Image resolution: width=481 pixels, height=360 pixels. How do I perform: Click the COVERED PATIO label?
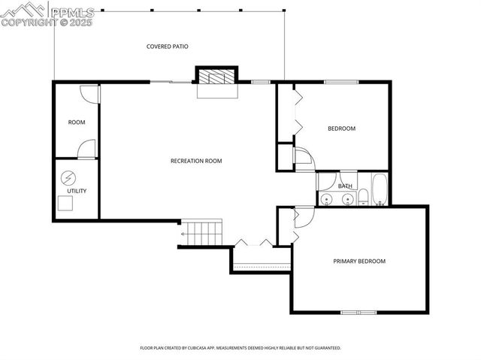click(x=167, y=47)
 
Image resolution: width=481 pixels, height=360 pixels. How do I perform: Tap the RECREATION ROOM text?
click(x=196, y=161)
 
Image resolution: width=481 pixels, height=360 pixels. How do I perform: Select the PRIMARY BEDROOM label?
click(x=359, y=262)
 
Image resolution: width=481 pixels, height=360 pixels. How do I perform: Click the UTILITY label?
click(x=77, y=191)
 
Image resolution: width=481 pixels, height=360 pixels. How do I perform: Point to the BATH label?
click(x=345, y=186)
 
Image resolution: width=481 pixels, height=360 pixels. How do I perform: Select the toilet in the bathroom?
click(x=363, y=198)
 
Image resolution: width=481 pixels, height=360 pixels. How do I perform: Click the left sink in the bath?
click(x=327, y=199)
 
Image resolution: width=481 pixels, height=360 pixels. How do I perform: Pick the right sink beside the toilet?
click(x=347, y=199)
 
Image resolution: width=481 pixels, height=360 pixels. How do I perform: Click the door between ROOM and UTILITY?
click(x=89, y=149)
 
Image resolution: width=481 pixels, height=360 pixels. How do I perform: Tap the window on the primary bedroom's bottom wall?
click(x=359, y=312)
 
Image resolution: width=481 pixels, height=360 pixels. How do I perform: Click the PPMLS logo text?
click(x=73, y=11)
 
